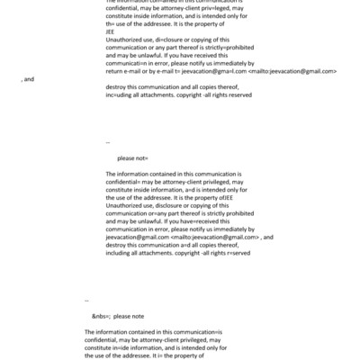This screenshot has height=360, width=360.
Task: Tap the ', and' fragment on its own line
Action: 28,80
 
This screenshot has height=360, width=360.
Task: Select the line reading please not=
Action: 133,158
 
